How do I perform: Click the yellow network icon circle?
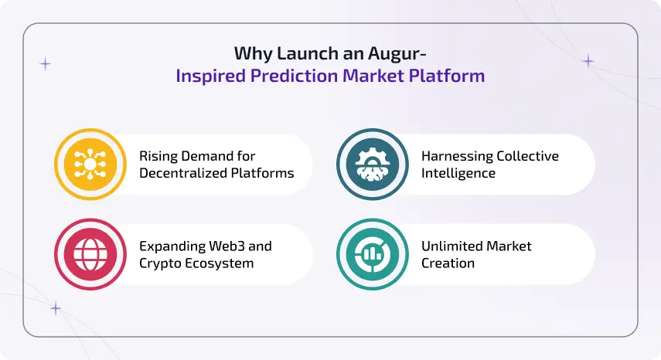(90, 165)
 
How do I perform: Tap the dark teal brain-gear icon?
(372, 165)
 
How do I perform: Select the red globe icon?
(90, 254)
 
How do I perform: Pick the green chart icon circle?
(372, 254)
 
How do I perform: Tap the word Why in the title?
(250, 53)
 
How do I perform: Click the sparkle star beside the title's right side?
(588, 61)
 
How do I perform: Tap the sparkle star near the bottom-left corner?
(56, 308)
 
